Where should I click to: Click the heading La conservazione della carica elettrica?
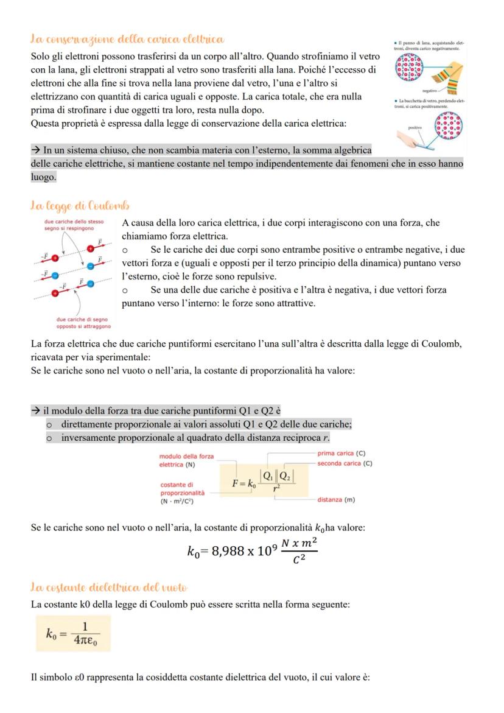127,40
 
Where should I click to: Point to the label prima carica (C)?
341,454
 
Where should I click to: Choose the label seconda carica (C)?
345,464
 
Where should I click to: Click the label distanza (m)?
336,500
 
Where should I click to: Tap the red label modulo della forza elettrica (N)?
186,460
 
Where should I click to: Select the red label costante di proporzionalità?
182,488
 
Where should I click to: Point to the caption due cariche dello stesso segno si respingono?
74,225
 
